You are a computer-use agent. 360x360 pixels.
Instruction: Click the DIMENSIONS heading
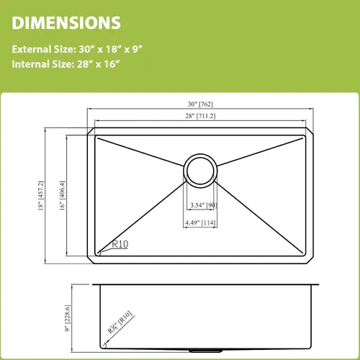pos(66,23)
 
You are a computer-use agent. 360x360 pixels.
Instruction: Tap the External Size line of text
pos(77,49)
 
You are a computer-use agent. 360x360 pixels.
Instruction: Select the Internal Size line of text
pos(66,64)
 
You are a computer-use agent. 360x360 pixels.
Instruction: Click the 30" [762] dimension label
pos(200,104)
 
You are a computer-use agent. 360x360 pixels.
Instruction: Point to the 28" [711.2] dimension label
pos(200,116)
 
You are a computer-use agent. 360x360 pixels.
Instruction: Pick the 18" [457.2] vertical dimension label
pos(41,196)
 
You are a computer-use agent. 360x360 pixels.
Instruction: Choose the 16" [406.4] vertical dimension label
pos(62,196)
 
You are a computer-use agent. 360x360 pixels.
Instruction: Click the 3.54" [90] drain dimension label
pos(204,205)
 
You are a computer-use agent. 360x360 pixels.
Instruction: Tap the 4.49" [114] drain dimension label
pos(200,222)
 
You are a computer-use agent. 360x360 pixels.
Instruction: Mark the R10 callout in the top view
pos(120,244)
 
